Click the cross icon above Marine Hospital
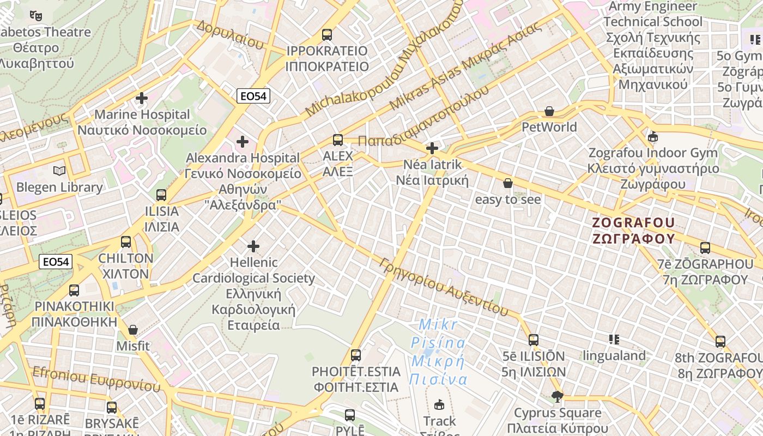142,98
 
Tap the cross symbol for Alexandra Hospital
243,142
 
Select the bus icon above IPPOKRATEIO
327,34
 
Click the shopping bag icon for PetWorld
549,111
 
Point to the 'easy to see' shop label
508,199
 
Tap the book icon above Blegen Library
59,171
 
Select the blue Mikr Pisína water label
438,352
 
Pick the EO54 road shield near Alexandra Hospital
254,96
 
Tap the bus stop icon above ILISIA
161,195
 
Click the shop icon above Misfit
133,330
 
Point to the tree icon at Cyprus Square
557,396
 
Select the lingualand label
614,356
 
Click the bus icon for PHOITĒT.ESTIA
356,355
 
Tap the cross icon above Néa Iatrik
432,148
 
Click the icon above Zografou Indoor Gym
653,136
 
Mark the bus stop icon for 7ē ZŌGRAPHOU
705,248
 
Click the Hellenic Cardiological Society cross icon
253,246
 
